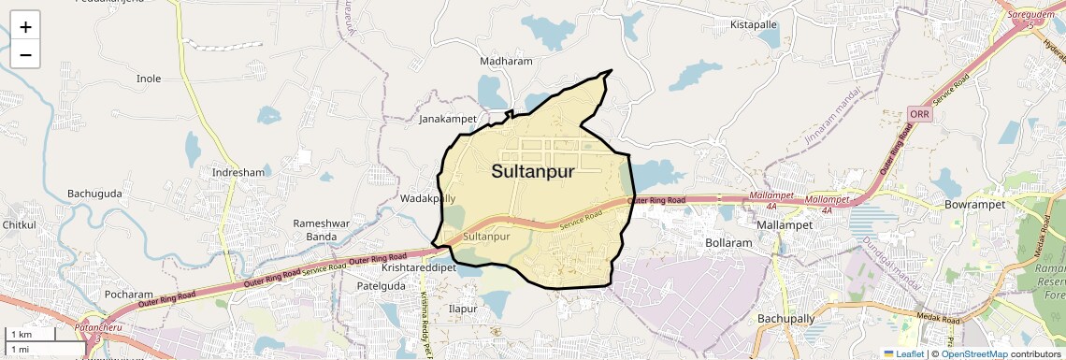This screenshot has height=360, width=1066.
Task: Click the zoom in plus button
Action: pos(25,27)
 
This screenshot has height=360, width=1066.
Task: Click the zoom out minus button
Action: pos(25,55)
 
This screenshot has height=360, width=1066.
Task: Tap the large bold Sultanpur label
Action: pos(533,172)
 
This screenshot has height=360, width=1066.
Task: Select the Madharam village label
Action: pos(506,62)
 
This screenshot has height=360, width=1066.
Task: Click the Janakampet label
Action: pos(448,120)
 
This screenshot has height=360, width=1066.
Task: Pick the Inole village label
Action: pos(150,79)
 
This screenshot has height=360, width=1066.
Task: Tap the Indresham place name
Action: pos(238,173)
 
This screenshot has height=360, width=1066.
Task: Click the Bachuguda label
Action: pos(94,194)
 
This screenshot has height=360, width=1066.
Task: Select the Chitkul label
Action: pos(19,225)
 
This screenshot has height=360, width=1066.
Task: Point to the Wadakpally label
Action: pos(427,199)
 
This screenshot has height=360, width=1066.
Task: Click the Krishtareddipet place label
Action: pos(418,267)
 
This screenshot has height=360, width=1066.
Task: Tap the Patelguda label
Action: pos(382,285)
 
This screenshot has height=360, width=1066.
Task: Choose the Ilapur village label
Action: pos(463,309)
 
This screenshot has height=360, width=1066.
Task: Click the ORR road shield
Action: pos(917,113)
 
